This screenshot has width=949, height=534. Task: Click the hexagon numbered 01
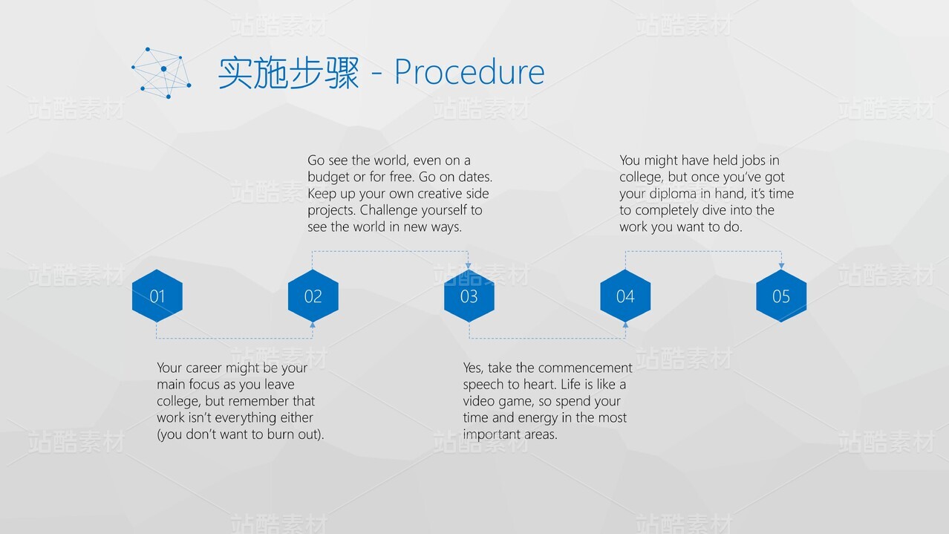pyautogui.click(x=157, y=296)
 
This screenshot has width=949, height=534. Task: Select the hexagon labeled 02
pyautogui.click(x=313, y=296)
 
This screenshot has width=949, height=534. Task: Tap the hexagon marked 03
pyautogui.click(x=469, y=296)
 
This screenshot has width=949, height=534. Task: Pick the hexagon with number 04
pyautogui.click(x=625, y=296)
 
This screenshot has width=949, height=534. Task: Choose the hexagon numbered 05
pyautogui.click(x=781, y=296)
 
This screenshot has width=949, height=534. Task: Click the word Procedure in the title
pyautogui.click(x=469, y=72)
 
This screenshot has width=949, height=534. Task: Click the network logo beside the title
pyautogui.click(x=161, y=73)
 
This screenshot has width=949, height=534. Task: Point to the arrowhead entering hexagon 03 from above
pyautogui.click(x=468, y=266)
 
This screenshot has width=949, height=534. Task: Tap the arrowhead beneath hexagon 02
pyautogui.click(x=313, y=325)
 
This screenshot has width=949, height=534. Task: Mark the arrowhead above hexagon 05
pyautogui.click(x=781, y=266)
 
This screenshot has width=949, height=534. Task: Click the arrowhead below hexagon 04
pyautogui.click(x=625, y=325)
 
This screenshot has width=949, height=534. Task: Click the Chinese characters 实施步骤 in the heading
pyautogui.click(x=289, y=73)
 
